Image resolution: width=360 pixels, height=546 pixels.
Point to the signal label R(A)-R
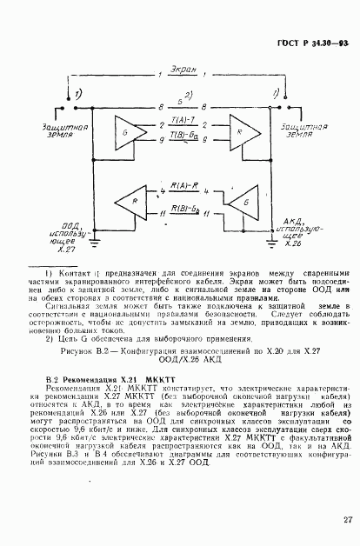[182, 186]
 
